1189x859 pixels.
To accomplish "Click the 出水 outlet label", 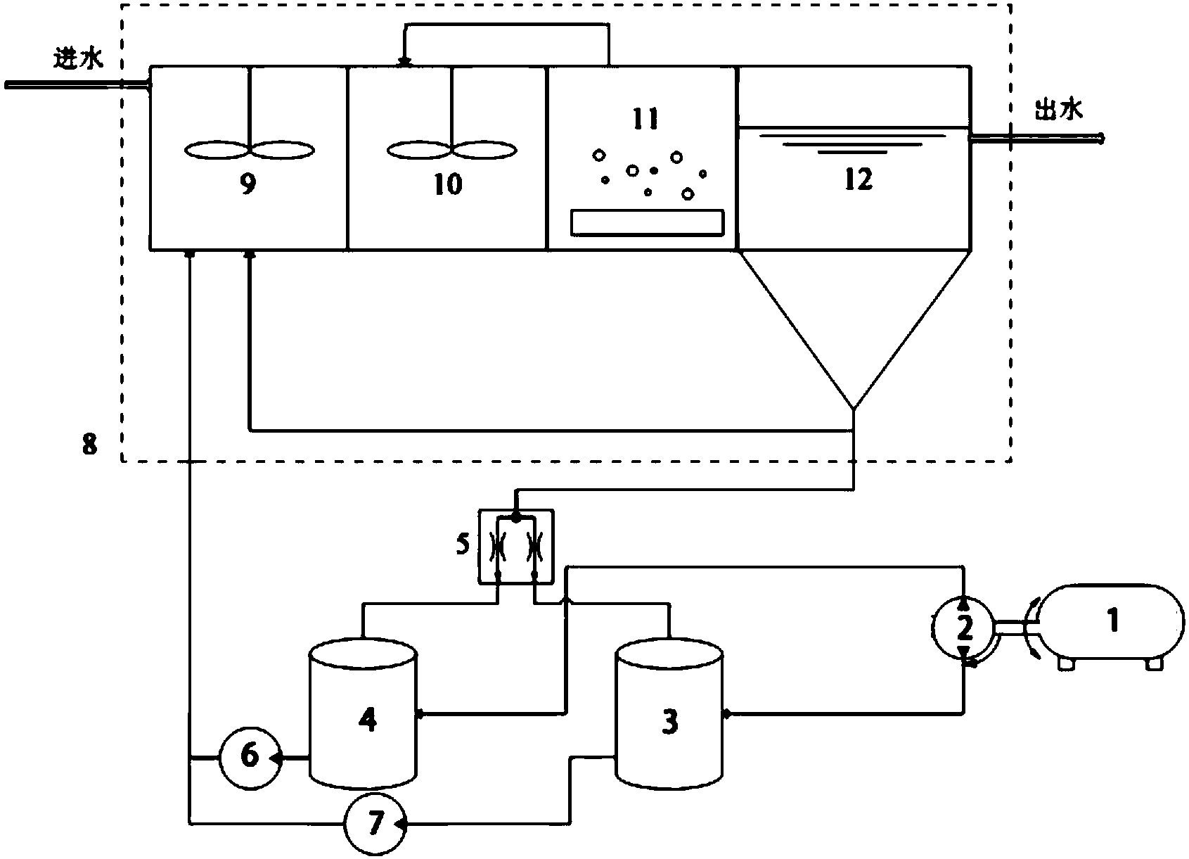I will [x=1059, y=110].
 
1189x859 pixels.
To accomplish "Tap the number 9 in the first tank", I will [x=248, y=184].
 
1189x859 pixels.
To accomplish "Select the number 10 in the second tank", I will [x=448, y=184].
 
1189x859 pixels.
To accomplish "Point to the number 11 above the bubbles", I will [x=645, y=120].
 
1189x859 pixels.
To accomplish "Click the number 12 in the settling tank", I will [x=859, y=179].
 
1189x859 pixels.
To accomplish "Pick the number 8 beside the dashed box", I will [x=89, y=445].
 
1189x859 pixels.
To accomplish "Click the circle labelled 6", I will [x=250, y=757].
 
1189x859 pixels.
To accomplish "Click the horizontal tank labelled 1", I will [x=1111, y=623].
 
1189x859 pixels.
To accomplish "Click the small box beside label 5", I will [x=516, y=547].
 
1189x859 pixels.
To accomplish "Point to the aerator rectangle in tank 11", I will [x=646, y=222].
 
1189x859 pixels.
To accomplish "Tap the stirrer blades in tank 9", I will [x=250, y=150].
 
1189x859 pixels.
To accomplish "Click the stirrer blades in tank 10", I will [x=450, y=150].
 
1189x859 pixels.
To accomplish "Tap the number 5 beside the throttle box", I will [x=463, y=545].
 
